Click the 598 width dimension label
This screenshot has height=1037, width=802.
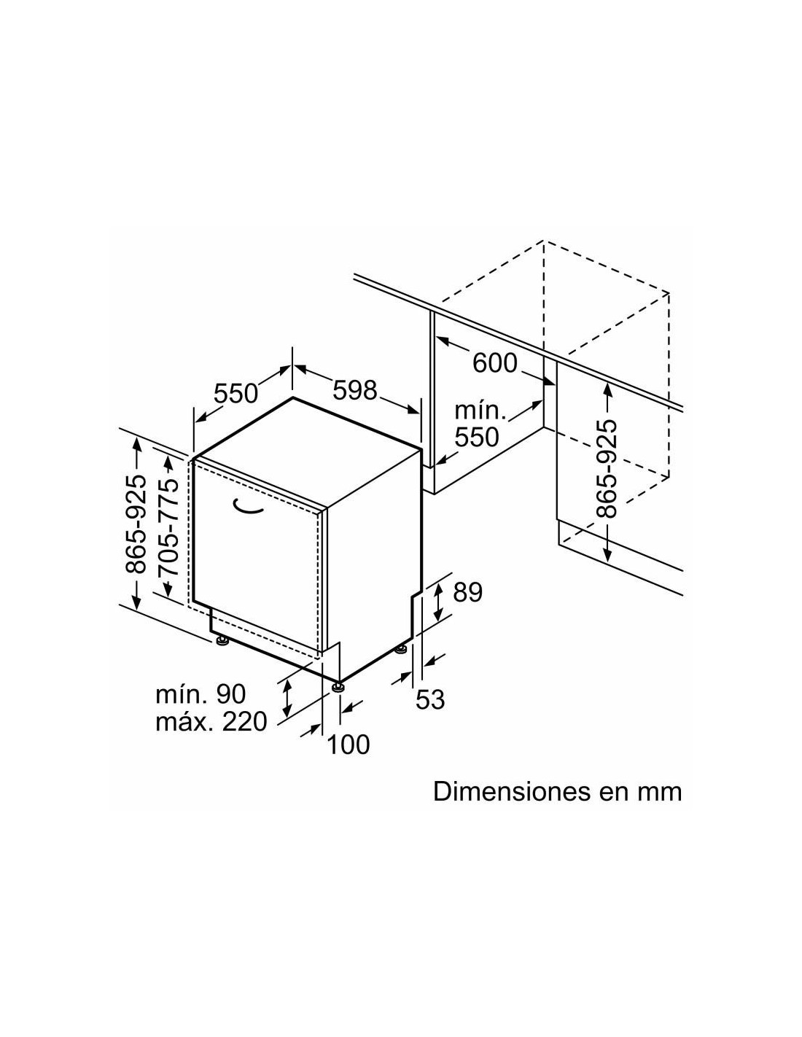[354, 390]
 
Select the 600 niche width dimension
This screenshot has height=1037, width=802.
[495, 363]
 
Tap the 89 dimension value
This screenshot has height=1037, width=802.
[467, 592]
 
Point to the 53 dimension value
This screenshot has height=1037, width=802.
[430, 699]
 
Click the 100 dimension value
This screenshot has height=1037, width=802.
[349, 745]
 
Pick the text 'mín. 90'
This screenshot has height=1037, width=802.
[200, 694]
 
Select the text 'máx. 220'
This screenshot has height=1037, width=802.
[211, 721]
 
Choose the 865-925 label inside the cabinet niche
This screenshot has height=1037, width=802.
[607, 469]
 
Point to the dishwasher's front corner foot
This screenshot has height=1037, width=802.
[338, 686]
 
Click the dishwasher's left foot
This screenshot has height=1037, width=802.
[222, 642]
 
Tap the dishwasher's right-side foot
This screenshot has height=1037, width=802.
[401, 648]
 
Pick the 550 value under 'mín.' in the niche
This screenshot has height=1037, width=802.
[477, 437]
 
